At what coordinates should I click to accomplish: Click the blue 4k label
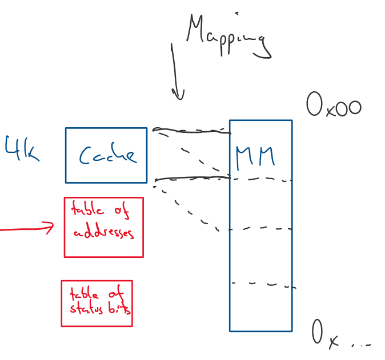(x=22, y=150)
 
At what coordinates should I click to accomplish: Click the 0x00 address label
(x=334, y=106)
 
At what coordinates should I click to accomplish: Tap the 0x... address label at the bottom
(x=341, y=335)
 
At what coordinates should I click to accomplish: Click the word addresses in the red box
(x=104, y=233)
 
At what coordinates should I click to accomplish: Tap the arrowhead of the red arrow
(x=51, y=228)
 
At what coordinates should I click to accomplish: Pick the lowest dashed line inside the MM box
(x=263, y=284)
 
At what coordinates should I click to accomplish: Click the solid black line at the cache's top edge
(x=192, y=131)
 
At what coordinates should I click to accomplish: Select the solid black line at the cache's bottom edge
(x=192, y=179)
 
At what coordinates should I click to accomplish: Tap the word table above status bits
(x=83, y=295)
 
